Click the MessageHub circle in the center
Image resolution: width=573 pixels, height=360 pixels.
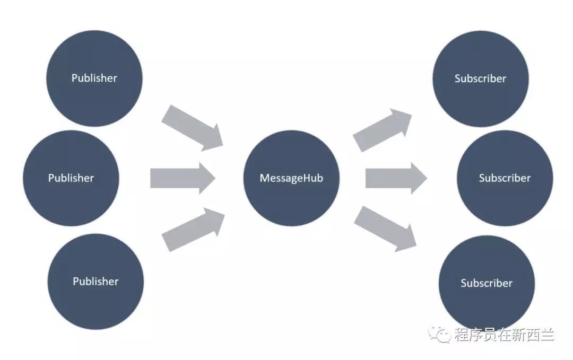pyautogui.click(x=291, y=178)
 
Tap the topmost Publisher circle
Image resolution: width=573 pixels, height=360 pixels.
pyautogui.click(x=94, y=78)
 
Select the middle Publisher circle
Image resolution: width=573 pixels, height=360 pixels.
pyautogui.click(x=71, y=178)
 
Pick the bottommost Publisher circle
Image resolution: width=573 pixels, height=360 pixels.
pyautogui.click(x=95, y=281)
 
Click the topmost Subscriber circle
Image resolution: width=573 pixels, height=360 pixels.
pyautogui.click(x=480, y=78)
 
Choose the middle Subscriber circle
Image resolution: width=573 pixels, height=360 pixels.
pyautogui.click(x=505, y=178)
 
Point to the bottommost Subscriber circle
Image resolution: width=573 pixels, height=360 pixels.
pyautogui.click(x=487, y=283)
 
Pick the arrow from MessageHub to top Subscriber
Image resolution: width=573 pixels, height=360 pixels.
pyautogui.click(x=383, y=129)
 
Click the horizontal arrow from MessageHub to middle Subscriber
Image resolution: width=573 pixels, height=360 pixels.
pyautogui.click(x=396, y=178)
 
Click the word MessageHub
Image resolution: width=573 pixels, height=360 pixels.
pyautogui.click(x=291, y=178)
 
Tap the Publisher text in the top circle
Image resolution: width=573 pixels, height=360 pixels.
pyautogui.click(x=94, y=78)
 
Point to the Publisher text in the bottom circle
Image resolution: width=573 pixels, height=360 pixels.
pyautogui.click(x=95, y=281)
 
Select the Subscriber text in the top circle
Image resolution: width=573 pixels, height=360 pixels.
pyautogui.click(x=480, y=78)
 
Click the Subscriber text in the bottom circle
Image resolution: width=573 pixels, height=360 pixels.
pyautogui.click(x=487, y=283)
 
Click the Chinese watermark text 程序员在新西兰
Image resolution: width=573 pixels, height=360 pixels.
pyautogui.click(x=504, y=335)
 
